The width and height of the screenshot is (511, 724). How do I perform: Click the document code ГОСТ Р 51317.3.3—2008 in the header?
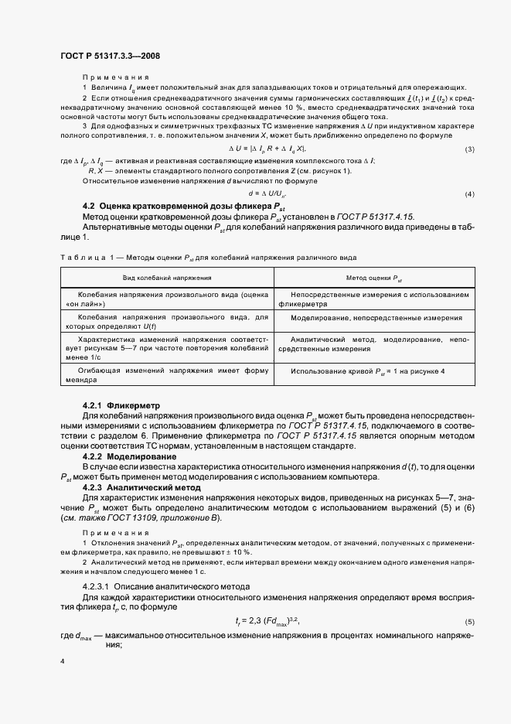(x=110, y=56)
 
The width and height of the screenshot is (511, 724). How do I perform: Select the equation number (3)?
(x=469, y=149)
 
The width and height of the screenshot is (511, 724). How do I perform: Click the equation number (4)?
(x=469, y=193)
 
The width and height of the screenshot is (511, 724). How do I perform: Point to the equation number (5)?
(x=469, y=600)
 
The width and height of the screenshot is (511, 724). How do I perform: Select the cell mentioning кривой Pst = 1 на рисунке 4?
(x=368, y=371)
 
